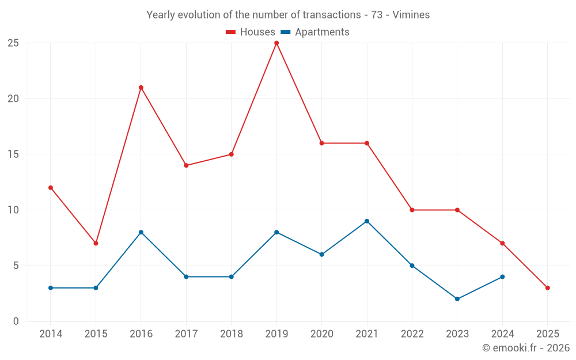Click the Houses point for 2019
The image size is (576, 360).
tap(276, 43)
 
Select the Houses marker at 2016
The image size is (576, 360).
tap(141, 88)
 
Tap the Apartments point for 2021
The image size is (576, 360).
tap(367, 221)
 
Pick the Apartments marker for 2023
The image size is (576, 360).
tap(457, 299)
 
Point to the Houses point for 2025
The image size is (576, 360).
tap(547, 288)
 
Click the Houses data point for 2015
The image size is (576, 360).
tap(96, 243)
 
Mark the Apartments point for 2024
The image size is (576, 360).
tap(502, 277)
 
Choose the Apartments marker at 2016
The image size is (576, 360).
tap(141, 232)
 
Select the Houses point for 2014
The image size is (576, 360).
tap(51, 188)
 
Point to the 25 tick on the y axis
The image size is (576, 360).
tap(13, 43)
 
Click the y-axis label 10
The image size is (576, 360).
tap(13, 210)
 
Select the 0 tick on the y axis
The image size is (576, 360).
tap(16, 321)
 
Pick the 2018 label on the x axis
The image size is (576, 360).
tap(231, 334)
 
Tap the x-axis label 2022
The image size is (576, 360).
tap(412, 334)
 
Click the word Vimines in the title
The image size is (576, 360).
tap(411, 15)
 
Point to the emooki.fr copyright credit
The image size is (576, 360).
tap(525, 348)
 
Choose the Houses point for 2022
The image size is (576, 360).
tap(412, 210)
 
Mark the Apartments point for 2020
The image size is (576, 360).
tap(321, 255)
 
